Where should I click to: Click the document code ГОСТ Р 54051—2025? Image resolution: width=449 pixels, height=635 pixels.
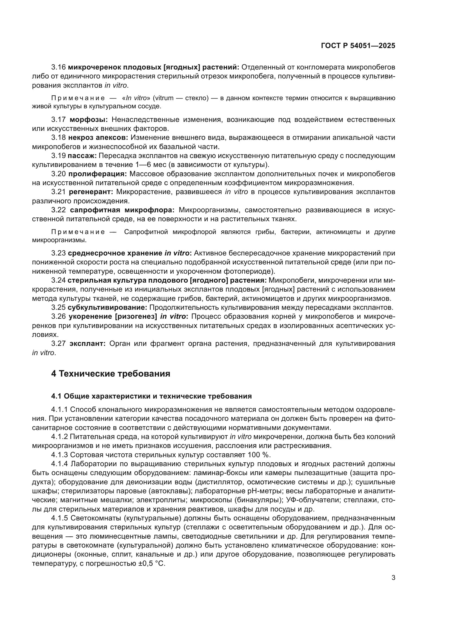tap(358, 46)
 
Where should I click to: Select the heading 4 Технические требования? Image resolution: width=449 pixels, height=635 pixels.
tap(110, 374)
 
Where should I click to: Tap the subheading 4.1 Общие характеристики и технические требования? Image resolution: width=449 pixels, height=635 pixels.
tap(151, 396)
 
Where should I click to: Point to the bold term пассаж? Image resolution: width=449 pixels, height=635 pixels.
tap(82, 156)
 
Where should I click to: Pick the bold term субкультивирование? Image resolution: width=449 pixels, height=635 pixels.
tap(107, 307)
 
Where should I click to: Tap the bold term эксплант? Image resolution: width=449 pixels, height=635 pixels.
tap(87, 343)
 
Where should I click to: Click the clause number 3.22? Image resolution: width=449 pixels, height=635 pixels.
tap(58, 210)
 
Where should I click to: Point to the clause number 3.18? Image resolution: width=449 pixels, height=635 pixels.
tap(58, 137)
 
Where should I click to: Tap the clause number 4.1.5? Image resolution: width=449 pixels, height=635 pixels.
tap(59, 518)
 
